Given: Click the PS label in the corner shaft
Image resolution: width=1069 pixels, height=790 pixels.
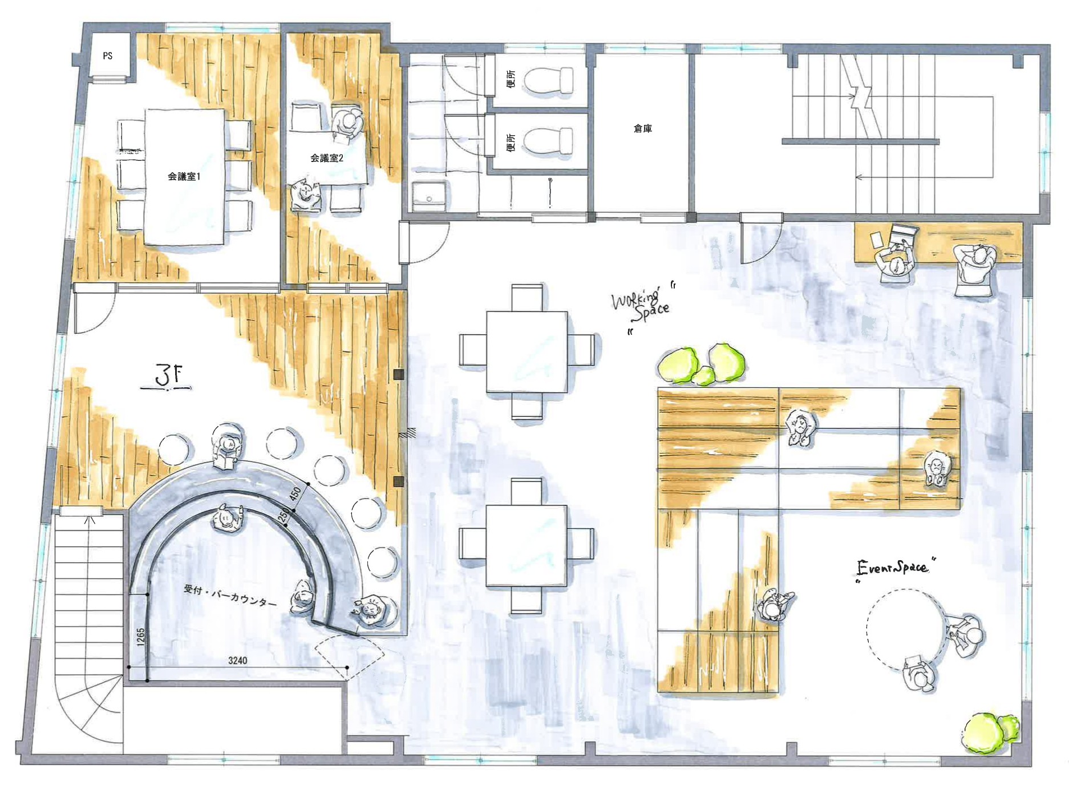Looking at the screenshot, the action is click(x=108, y=56).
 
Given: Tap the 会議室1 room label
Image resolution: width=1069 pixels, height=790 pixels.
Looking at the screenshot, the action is click(x=184, y=176).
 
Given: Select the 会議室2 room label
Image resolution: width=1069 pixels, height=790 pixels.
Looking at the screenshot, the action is click(x=327, y=158).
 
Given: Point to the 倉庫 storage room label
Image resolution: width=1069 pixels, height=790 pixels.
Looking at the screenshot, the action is click(x=643, y=128).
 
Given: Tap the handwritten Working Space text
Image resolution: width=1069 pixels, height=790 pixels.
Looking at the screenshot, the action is click(x=640, y=305).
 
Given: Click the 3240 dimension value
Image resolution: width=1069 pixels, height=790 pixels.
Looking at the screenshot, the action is click(x=238, y=660).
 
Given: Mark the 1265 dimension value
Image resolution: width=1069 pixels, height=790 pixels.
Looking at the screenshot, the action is click(x=141, y=637).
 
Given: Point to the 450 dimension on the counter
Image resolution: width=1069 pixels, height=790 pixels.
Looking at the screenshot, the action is click(x=295, y=493).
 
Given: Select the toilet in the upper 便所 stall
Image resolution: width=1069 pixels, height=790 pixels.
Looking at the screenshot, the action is click(x=548, y=80).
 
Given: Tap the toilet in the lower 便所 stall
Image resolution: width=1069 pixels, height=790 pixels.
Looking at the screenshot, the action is click(x=548, y=141).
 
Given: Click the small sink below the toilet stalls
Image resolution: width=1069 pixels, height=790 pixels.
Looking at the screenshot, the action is click(x=429, y=196).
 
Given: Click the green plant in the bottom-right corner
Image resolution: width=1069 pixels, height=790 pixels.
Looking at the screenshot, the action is click(x=990, y=732).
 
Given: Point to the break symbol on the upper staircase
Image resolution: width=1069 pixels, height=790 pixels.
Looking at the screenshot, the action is click(x=860, y=98).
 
